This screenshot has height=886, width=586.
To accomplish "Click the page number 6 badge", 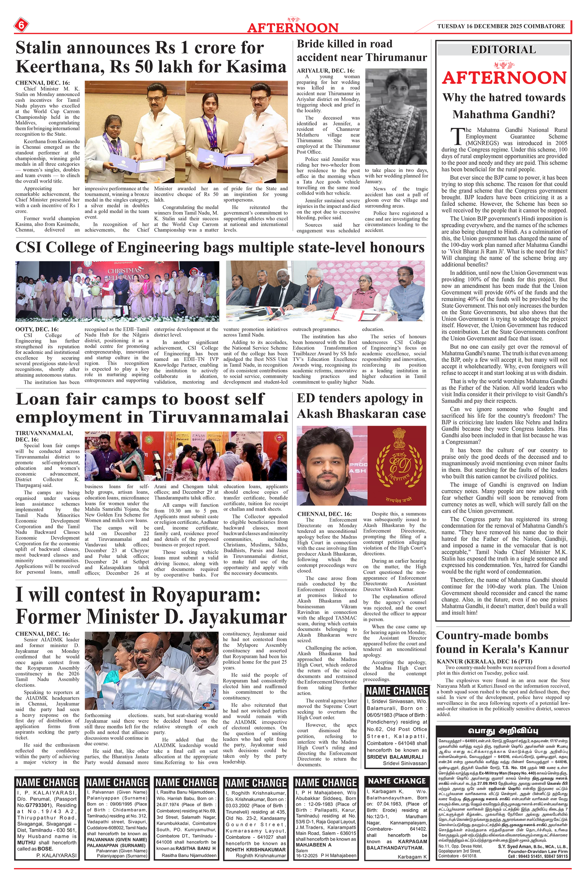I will pyautogui.click(x=21, y=25).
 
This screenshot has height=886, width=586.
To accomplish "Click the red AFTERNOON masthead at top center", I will pyautogui.click(x=293, y=27).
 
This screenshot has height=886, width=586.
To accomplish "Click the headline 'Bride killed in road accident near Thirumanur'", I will pyautogui.click(x=361, y=50).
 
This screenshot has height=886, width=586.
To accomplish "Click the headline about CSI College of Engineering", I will pyautogui.click(x=220, y=248).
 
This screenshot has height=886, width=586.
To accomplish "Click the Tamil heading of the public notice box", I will pyautogui.click(x=503, y=731).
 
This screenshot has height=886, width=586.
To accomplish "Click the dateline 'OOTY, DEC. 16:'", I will pyautogui.click(x=36, y=329).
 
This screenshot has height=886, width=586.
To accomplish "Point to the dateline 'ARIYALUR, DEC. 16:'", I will pyautogui.click(x=325, y=71).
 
